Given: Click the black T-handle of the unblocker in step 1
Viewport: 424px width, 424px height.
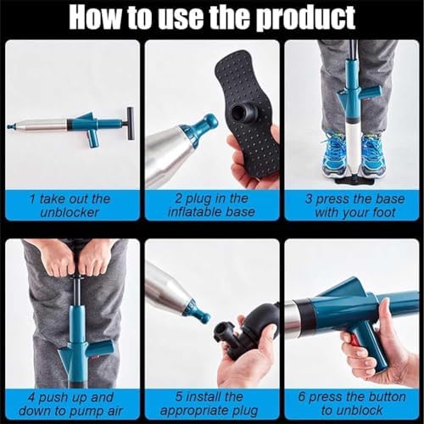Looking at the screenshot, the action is pos(131,124).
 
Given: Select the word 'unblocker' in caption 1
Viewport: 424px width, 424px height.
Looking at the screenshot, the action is pos(70,212).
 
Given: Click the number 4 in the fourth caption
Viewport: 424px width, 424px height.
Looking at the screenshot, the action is pos(31,398).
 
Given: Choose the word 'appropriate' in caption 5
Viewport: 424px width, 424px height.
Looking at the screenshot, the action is pos(195,411).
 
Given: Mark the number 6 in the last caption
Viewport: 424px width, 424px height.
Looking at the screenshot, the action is pos(302,397).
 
